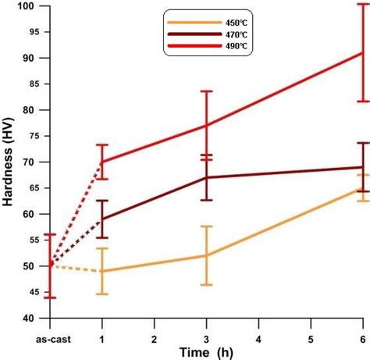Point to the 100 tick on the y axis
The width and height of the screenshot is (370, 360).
pos(29,6)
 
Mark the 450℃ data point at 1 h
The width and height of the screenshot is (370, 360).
pos(102,271)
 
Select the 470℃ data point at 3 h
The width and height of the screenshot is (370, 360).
pos(206,177)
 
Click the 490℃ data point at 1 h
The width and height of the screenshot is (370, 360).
pos(102,162)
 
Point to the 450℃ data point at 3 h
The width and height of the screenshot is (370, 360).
pos(206,255)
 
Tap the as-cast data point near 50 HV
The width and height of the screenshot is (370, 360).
pos(51,265)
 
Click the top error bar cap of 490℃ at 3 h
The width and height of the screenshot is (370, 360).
pos(206,91)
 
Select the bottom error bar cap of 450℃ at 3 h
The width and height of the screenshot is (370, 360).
pos(206,284)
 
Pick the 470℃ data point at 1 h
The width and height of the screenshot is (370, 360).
pos(102,219)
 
